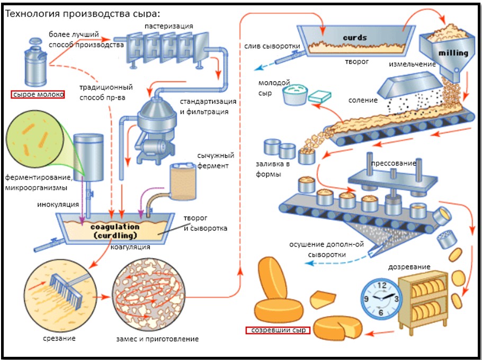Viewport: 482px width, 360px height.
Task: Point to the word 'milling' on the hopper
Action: (x=453, y=53)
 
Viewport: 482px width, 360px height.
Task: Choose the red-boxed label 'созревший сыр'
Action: (x=278, y=330)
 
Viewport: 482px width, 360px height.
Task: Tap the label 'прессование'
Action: (x=393, y=163)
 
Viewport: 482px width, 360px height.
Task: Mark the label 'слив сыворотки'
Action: (x=272, y=46)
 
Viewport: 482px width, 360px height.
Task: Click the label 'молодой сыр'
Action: (x=274, y=88)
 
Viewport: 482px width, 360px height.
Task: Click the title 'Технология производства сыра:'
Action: (x=82, y=13)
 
